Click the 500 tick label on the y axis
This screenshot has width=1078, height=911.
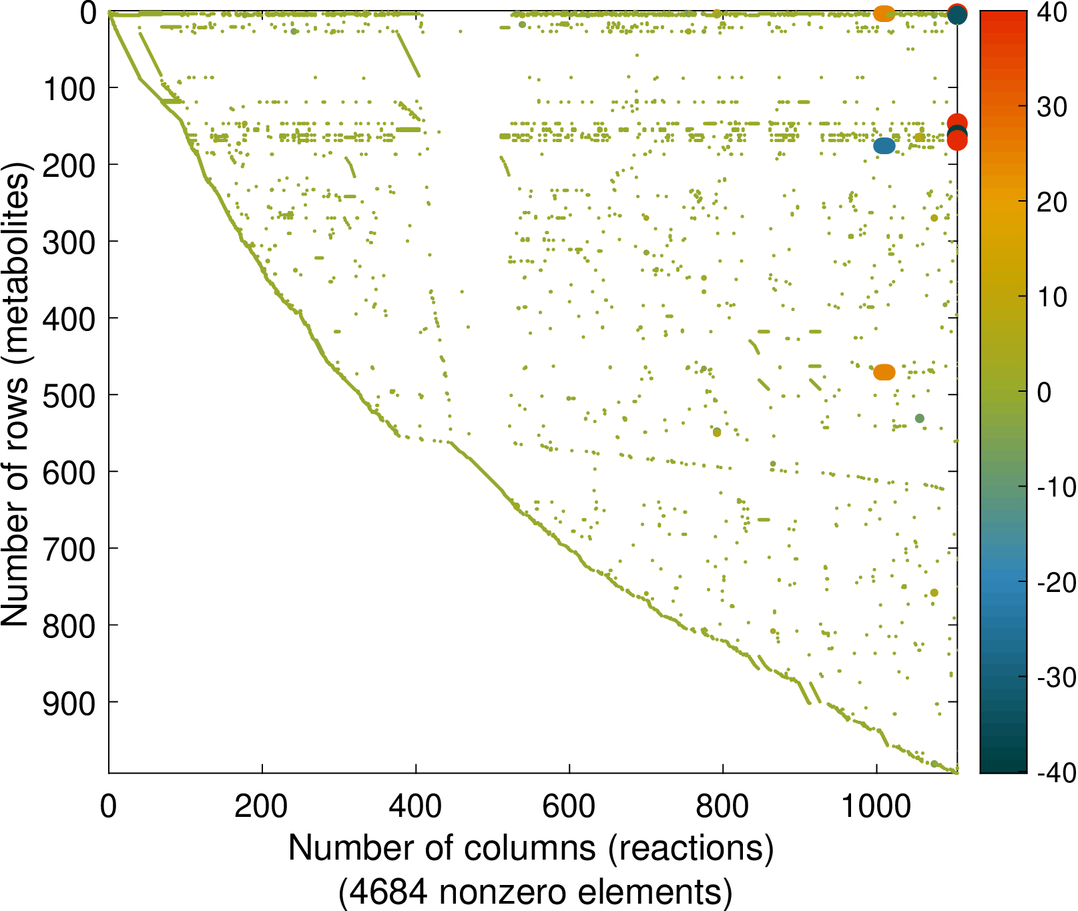pos(69,396)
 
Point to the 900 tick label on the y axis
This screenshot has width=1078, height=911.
pos(69,703)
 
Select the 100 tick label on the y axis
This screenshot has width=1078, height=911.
pos(69,89)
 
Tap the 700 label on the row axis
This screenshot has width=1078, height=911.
pos(69,549)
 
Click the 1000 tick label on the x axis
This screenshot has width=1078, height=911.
pos(876,807)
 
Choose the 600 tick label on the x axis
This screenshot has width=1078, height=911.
pos(569,807)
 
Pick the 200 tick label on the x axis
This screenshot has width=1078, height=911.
pos(262,807)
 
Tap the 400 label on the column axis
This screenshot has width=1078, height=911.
pos(415,807)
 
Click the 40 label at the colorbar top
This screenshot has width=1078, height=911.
pos(1052,12)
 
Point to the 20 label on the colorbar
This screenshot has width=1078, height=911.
pos(1052,202)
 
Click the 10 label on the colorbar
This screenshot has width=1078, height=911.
pos(1052,297)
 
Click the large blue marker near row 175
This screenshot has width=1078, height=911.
pos(884,145)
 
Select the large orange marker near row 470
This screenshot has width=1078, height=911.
pos(884,372)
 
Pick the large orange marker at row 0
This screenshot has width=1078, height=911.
pos(884,13)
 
